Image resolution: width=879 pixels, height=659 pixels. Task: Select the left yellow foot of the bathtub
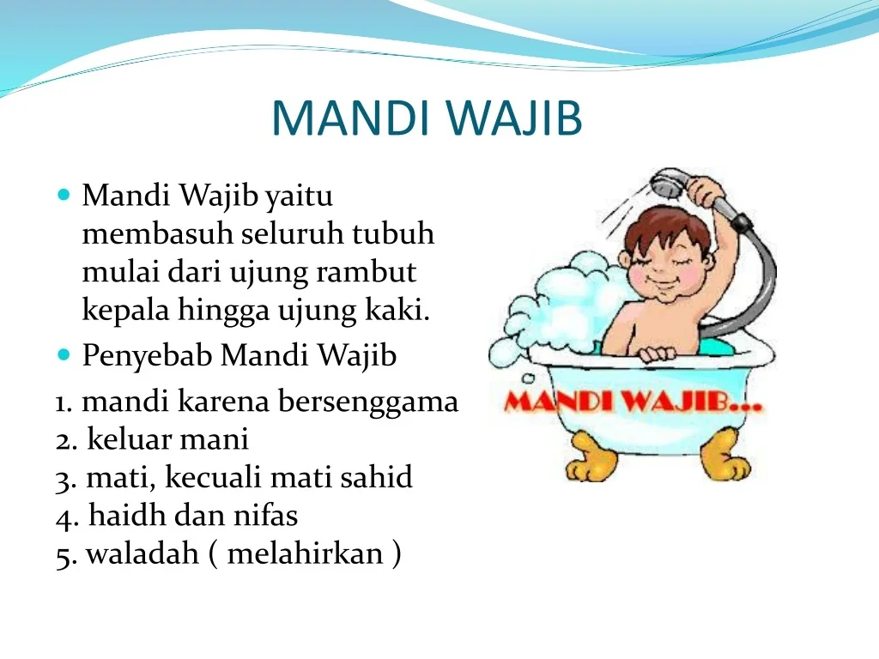click(x=591, y=456)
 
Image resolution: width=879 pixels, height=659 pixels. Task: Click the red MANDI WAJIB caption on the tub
click(x=633, y=402)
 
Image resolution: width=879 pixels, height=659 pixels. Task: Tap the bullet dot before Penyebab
click(x=64, y=354)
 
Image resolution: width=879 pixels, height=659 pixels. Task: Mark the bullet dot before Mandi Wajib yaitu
click(x=64, y=195)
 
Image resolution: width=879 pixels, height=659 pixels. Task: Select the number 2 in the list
click(x=63, y=440)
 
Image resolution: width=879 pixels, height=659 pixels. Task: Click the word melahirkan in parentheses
click(x=305, y=553)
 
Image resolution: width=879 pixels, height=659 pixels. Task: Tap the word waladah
click(x=142, y=553)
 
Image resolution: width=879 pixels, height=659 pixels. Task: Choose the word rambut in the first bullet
click(x=366, y=272)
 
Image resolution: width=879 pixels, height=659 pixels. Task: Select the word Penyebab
click(x=147, y=356)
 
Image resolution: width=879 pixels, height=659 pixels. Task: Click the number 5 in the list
click(x=63, y=556)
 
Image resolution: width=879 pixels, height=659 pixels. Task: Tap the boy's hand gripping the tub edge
click(x=658, y=354)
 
